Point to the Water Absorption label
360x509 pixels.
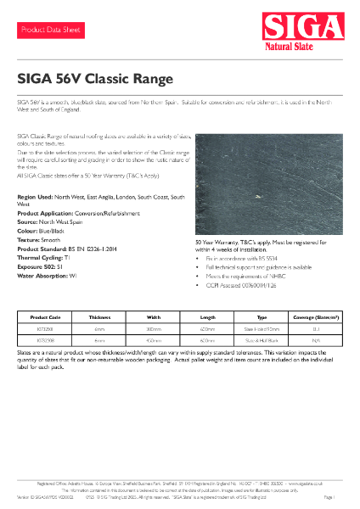(x=42, y=259)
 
